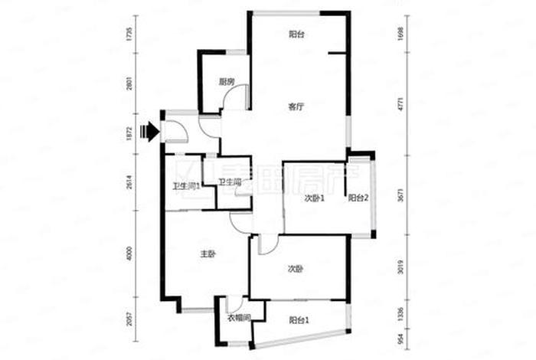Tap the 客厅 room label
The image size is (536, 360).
[x=296, y=107]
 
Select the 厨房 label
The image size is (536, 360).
[x=225, y=82]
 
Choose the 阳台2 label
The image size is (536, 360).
[x=358, y=198]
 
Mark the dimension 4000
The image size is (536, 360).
[x=131, y=254]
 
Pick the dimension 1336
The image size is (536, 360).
[x=400, y=313]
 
